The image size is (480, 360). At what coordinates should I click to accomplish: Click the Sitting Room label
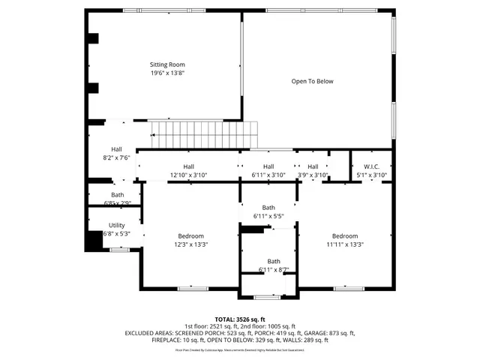click(x=167, y=64)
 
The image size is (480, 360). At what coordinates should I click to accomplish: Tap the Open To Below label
click(x=312, y=81)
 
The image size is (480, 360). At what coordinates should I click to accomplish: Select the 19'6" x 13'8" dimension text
click(x=167, y=73)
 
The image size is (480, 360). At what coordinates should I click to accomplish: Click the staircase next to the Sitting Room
click(x=204, y=136)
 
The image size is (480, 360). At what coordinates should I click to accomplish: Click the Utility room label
click(x=116, y=225)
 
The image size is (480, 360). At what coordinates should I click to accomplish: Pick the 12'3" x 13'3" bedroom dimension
click(x=191, y=244)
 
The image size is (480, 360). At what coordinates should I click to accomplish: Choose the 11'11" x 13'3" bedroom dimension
click(x=345, y=244)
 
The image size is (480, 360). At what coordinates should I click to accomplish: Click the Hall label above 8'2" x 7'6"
click(x=116, y=149)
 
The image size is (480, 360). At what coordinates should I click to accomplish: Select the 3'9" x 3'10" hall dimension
click(x=313, y=175)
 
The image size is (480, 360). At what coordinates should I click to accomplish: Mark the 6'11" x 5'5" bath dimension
click(x=268, y=216)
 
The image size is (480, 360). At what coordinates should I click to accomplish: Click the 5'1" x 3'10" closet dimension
click(x=371, y=175)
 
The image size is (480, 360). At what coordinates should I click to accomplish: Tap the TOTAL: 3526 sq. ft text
click(x=240, y=319)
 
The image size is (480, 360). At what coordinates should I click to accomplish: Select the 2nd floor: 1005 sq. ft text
click(x=268, y=326)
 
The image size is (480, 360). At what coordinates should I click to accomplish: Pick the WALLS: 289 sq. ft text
click(x=308, y=340)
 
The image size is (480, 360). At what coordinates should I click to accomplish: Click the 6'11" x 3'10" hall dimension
click(x=268, y=175)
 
